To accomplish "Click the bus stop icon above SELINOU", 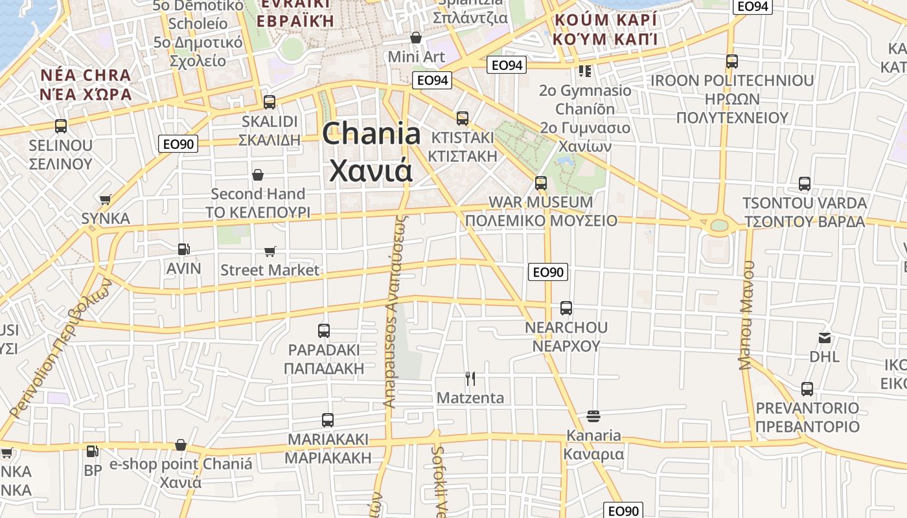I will point(61,126).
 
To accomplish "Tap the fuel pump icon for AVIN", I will point(184,249).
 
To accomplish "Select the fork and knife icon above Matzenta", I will point(470,378).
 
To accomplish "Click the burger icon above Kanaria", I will point(593,416).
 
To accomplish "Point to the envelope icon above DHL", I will point(825,337).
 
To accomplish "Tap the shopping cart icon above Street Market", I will point(270,251).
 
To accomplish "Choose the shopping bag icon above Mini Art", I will point(416,38).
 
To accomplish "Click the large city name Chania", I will point(371,134).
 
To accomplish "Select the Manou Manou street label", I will point(748,315).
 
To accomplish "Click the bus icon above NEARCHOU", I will point(566,308).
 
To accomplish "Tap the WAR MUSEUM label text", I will point(540,202).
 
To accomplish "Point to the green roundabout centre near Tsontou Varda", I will point(719,225).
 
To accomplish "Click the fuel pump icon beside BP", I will point(93,451).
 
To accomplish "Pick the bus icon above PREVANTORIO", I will point(807,389).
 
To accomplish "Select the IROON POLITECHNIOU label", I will point(732,81).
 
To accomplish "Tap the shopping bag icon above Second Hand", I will point(258,175).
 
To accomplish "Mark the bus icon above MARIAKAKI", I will point(328,420).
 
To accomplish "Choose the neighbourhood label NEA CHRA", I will point(86,75).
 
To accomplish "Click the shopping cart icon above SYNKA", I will point(105,199).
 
